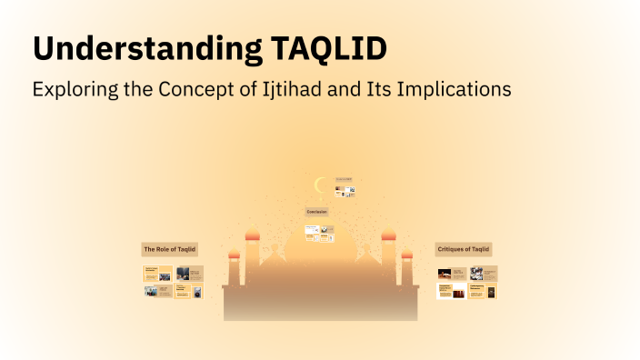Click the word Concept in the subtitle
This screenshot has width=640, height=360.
click(x=205, y=91)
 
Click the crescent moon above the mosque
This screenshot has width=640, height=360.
click(x=319, y=186)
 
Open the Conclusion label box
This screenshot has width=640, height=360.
click(x=316, y=211)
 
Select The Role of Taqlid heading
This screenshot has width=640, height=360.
click(x=169, y=249)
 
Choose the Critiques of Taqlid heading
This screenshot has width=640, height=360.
click(x=464, y=249)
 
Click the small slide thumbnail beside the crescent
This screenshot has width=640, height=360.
click(x=344, y=188)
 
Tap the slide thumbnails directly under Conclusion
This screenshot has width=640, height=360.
click(x=319, y=232)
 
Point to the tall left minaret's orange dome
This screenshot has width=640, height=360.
click(x=253, y=235)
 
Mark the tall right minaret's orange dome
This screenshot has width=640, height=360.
click(x=388, y=235)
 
